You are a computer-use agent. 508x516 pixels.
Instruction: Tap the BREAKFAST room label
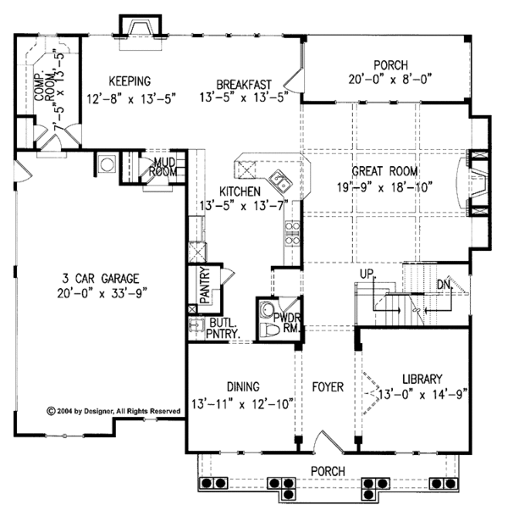243,83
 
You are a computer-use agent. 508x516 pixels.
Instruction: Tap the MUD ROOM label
163,166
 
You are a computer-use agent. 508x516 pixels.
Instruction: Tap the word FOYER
327,387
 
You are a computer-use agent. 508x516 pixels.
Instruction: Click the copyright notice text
114,410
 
